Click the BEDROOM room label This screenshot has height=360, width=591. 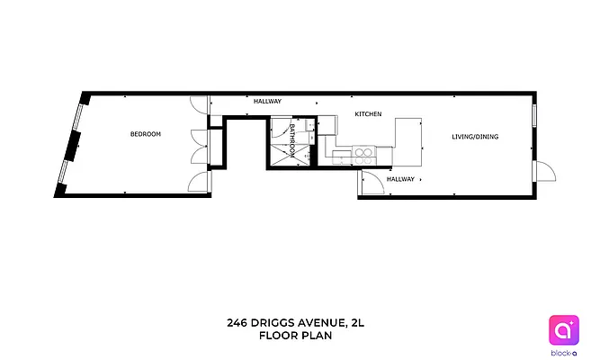coord(145,134)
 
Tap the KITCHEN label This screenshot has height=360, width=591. coord(368,114)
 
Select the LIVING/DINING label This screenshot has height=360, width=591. coord(474,137)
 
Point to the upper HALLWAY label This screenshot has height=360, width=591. coord(267,102)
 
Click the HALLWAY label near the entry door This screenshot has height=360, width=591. coord(400,179)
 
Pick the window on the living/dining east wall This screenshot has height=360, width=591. coord(535,116)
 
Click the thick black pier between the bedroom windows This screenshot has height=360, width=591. coord(73,140)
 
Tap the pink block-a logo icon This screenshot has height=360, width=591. coord(563,329)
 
